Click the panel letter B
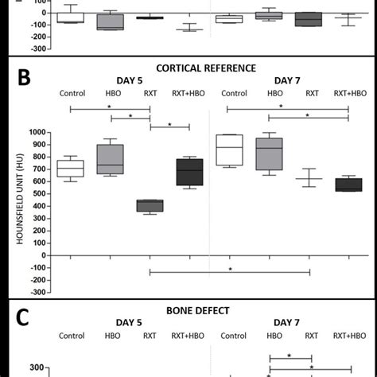(x=24, y=78)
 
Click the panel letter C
(x=24, y=318)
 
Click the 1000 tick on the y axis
(x=38, y=132)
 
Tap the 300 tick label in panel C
(x=37, y=367)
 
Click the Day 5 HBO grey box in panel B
(x=111, y=158)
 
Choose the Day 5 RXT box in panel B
(x=150, y=205)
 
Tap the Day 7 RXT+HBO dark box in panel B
(x=348, y=185)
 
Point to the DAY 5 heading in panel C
(x=130, y=323)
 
